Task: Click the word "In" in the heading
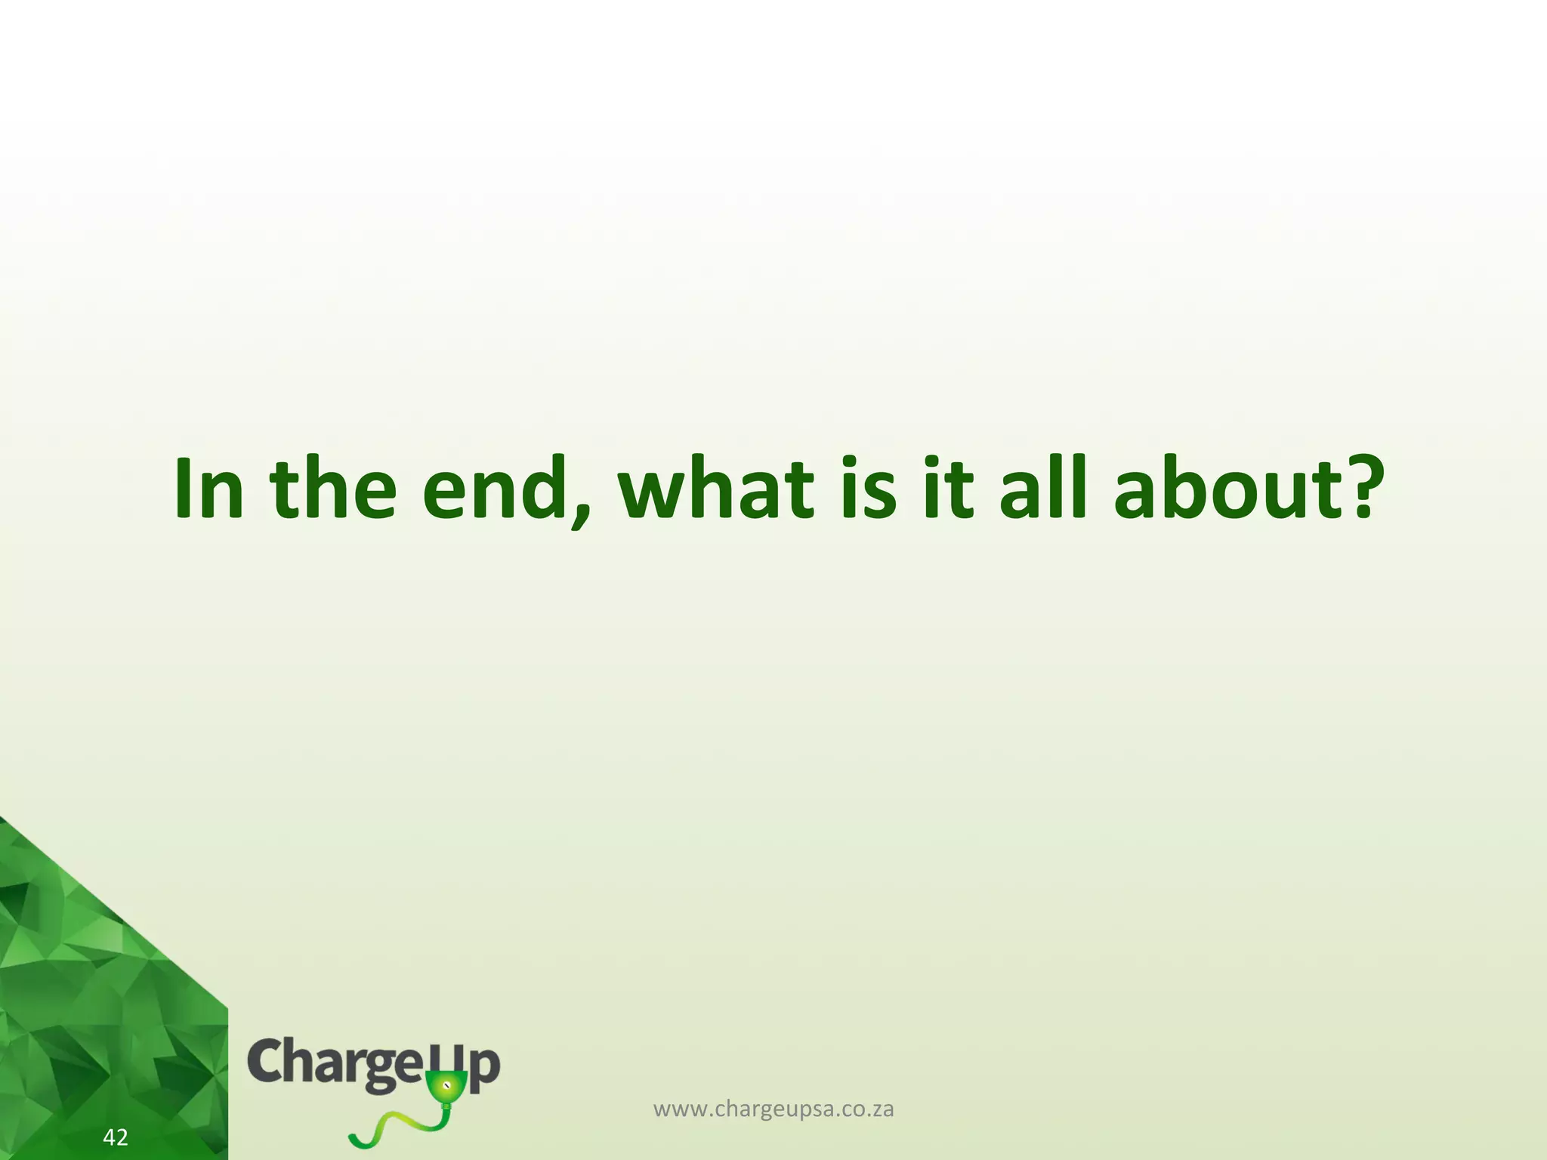click(x=208, y=489)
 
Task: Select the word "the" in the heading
click(x=333, y=489)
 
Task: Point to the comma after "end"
click(x=580, y=514)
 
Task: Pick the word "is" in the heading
click(x=868, y=489)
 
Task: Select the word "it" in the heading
click(x=949, y=489)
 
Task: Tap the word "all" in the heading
click(x=1043, y=489)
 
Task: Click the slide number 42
click(x=116, y=1137)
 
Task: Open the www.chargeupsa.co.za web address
click(x=773, y=1109)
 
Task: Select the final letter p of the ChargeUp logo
click(x=484, y=1068)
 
